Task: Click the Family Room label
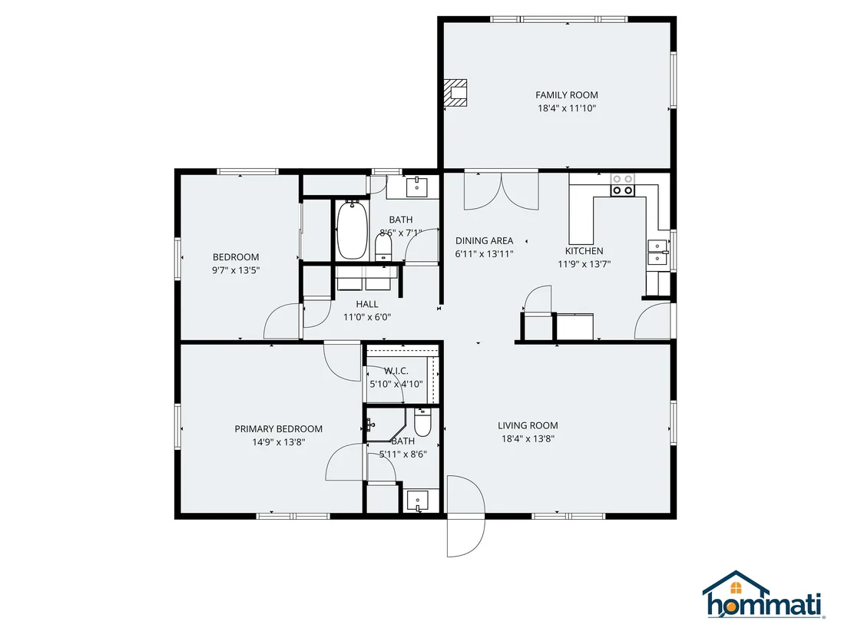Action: (x=567, y=95)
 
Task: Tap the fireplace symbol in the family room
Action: (x=455, y=93)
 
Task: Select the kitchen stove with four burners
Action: (x=623, y=185)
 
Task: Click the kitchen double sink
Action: (x=657, y=253)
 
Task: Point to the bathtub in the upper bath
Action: (x=352, y=230)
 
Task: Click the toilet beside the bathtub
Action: (x=384, y=247)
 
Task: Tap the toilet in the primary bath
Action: (x=422, y=422)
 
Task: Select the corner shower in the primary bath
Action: (x=386, y=425)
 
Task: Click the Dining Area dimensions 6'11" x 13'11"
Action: (x=484, y=254)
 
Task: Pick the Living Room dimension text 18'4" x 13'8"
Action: (x=528, y=439)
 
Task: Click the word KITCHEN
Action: (x=584, y=251)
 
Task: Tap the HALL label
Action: (x=367, y=304)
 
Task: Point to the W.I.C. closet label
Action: (x=396, y=371)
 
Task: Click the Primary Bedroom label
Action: (x=279, y=429)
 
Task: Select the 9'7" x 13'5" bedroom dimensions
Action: (x=236, y=270)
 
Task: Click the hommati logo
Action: (x=763, y=595)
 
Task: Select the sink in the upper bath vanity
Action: (x=417, y=187)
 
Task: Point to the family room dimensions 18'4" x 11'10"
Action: (x=567, y=108)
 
